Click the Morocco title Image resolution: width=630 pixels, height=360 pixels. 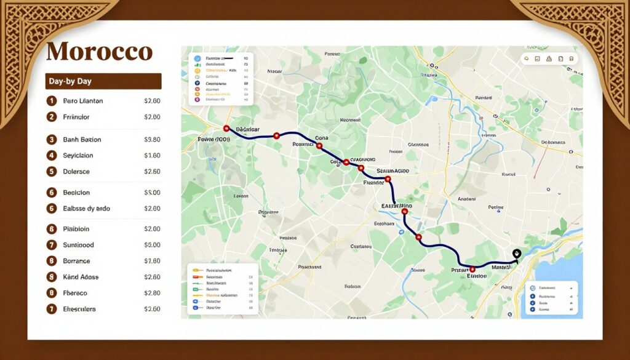coord(99,51)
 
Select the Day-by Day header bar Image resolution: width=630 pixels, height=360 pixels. coord(103,81)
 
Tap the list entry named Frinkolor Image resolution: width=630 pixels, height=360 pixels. coord(76,117)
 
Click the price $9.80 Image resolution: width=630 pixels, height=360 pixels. coord(152,140)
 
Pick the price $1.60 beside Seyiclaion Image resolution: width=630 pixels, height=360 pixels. coord(152,156)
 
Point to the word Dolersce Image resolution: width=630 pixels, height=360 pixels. coord(76,172)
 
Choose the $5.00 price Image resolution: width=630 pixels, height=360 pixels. coord(152,193)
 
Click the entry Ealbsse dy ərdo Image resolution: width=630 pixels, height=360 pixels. coord(86,209)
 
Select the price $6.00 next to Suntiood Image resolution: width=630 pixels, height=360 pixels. coord(152,245)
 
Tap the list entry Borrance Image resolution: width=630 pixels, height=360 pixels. coord(76,261)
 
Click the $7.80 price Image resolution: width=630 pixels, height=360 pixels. coord(152,261)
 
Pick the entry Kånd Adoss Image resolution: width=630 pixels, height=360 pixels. coord(81,277)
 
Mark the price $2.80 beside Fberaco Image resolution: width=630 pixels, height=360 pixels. coord(152,293)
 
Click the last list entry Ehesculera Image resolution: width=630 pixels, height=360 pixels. coord(79,309)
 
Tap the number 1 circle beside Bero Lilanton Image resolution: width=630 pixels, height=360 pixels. coord(52,101)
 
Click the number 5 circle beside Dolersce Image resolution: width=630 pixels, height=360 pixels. coord(52,172)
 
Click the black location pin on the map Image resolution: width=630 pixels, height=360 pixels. coord(516,253)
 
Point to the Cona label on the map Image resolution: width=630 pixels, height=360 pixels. coord(322,138)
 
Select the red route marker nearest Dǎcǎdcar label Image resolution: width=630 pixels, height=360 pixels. coord(226,129)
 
